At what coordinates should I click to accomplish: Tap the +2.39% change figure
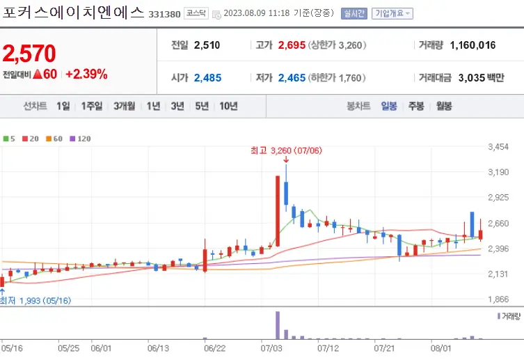pos(86,74)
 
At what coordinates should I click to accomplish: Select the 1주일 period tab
pos(91,106)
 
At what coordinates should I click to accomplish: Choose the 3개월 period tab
pos(124,106)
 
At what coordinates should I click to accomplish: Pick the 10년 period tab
pos(228,106)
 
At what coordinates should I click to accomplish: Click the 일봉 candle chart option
pos(388,106)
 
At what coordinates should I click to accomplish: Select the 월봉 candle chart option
pos(443,106)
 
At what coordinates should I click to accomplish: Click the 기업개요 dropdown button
pos(392,13)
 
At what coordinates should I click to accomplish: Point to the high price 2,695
pos(292,45)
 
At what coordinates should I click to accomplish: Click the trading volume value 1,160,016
pos(473,45)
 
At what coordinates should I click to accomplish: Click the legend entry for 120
pos(80,139)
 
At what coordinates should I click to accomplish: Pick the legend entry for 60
pos(54,139)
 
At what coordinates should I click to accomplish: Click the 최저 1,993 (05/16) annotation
pos(35,301)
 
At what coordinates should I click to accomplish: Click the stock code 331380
pos(164,13)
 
